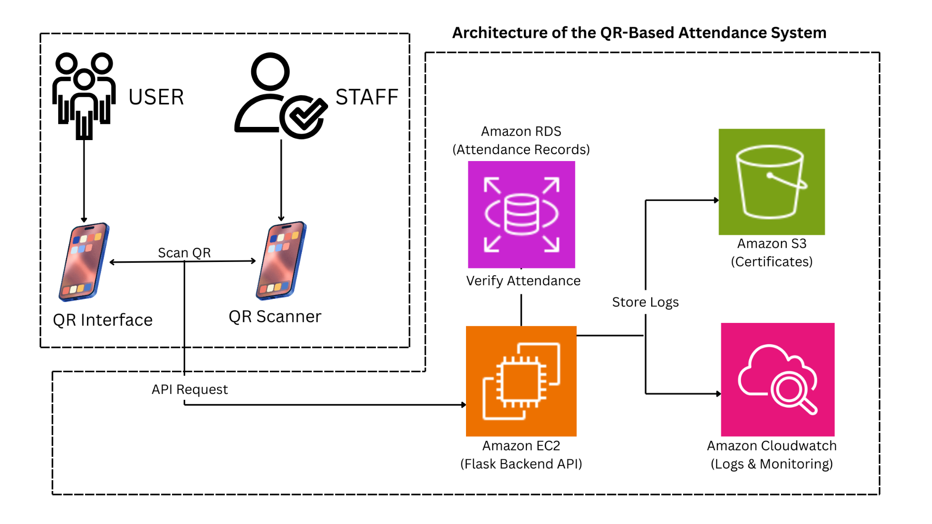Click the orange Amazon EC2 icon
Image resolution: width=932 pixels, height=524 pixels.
521,381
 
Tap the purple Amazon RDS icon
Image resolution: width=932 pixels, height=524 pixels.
521,214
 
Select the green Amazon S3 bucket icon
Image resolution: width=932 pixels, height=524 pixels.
771,181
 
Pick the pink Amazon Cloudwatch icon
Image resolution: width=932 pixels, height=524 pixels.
777,379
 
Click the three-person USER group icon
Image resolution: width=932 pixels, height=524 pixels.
84,95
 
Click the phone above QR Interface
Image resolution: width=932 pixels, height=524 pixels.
84,262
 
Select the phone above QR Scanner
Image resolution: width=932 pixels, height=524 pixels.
281,261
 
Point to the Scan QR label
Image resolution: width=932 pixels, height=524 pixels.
184,252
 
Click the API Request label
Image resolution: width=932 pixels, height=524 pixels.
189,389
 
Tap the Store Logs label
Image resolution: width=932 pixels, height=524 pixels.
645,302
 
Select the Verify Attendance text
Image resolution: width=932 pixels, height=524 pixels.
523,281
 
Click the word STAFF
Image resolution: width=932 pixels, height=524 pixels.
367,97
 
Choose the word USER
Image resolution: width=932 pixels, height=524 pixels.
156,97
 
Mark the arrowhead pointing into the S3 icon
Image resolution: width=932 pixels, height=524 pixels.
716,200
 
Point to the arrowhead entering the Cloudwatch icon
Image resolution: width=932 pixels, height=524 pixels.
718,393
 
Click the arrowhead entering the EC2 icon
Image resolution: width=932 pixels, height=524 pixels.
463,404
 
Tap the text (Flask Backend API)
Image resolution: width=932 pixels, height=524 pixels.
521,464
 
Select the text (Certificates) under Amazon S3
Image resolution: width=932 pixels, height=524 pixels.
771,262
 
